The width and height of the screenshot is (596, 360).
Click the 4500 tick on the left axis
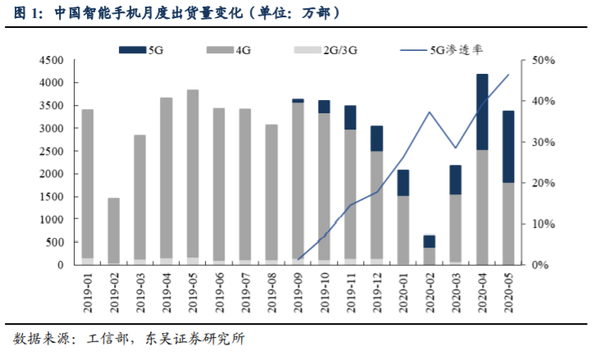pyautogui.click(x=51, y=61)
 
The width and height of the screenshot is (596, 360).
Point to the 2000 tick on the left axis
pyautogui.click(x=51, y=175)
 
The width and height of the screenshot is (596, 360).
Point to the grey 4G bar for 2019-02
pyautogui.click(x=114, y=230)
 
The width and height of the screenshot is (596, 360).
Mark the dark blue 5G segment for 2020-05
pyautogui.click(x=508, y=147)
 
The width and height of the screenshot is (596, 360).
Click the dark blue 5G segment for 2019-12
pyautogui.click(x=377, y=139)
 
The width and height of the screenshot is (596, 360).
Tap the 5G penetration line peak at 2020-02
pyautogui.click(x=430, y=112)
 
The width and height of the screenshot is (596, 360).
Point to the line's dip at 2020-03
pyautogui.click(x=456, y=148)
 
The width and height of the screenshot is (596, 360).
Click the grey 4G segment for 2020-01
pyautogui.click(x=403, y=230)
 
